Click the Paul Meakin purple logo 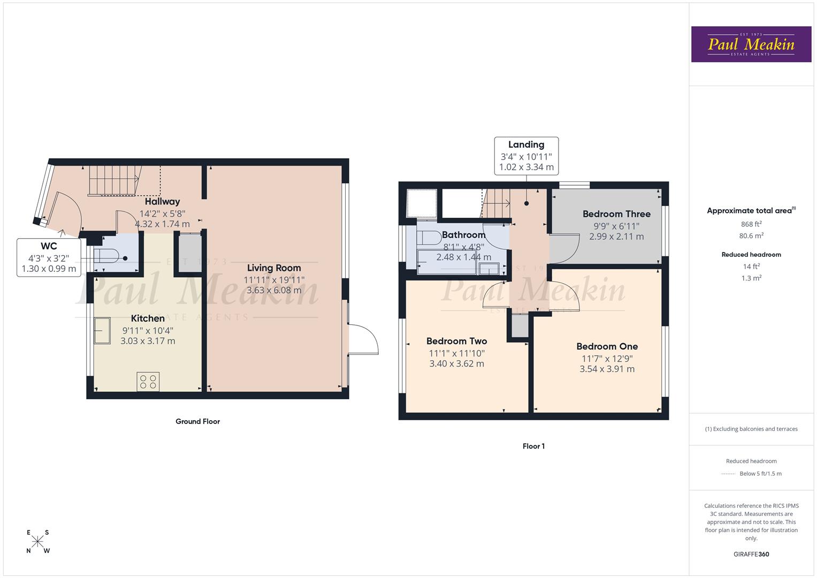[x=751, y=44]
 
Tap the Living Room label [x=274, y=268]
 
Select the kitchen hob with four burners [x=148, y=382]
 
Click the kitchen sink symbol [x=102, y=331]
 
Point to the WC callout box [x=49, y=257]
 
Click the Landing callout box [x=526, y=156]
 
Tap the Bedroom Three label [x=616, y=214]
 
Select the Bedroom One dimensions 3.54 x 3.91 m [x=607, y=369]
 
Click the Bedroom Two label [x=456, y=341]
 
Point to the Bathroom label [x=463, y=235]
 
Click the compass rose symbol [x=37, y=542]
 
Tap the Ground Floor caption [x=197, y=422]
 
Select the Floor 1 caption [x=533, y=446]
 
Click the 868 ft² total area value [x=751, y=224]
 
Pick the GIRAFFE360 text [x=751, y=554]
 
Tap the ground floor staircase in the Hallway [x=116, y=180]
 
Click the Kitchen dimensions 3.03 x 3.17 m [x=148, y=341]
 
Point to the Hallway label [x=162, y=202]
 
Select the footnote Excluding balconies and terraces [x=751, y=429]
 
